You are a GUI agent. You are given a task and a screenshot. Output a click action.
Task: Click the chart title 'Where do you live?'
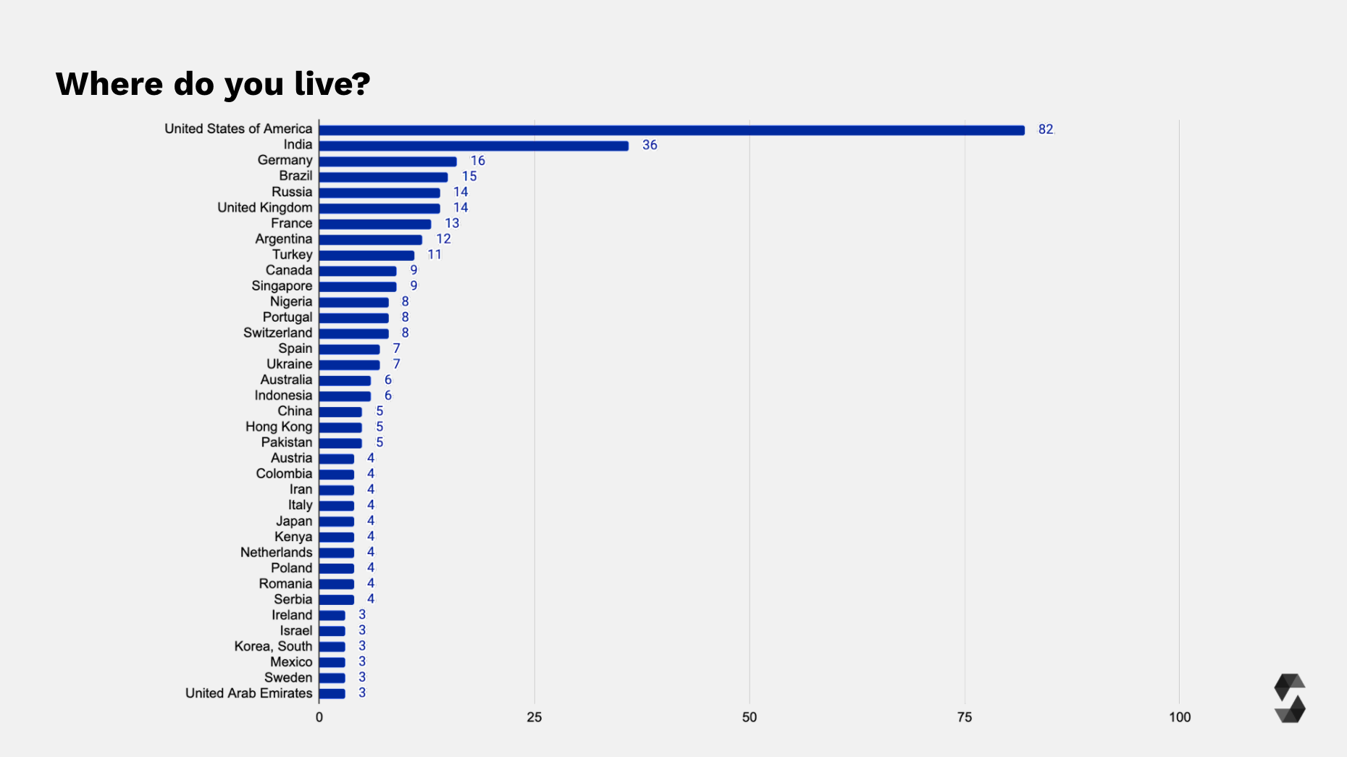click(x=213, y=84)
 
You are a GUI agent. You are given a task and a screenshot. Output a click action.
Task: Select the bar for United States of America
click(x=671, y=130)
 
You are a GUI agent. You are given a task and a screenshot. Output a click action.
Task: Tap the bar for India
click(x=474, y=146)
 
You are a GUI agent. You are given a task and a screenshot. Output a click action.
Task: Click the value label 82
click(x=1045, y=130)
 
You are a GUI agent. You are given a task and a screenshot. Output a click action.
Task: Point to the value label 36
click(x=650, y=146)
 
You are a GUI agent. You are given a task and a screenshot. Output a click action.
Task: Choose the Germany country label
click(x=285, y=160)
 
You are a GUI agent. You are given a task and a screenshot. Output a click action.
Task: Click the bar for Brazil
click(x=383, y=177)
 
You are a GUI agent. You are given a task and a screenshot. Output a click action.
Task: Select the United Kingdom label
click(x=264, y=208)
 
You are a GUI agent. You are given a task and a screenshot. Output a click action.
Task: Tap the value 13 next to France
click(x=452, y=223)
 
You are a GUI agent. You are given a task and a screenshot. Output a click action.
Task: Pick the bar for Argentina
click(x=370, y=240)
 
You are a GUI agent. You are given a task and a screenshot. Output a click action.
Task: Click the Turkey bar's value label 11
click(x=434, y=255)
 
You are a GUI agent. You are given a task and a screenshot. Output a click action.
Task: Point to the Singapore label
click(x=282, y=286)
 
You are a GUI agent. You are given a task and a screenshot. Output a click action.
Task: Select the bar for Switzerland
click(x=353, y=334)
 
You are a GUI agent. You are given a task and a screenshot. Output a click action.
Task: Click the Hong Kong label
click(x=278, y=427)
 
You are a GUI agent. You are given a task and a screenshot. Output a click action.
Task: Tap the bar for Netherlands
click(x=337, y=553)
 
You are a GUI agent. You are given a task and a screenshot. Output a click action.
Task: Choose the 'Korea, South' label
click(x=273, y=646)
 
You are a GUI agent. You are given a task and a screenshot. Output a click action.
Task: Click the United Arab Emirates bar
click(x=332, y=693)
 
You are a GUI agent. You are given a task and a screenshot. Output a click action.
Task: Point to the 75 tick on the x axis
click(x=965, y=717)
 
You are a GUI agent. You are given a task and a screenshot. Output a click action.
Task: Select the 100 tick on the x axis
click(x=1179, y=717)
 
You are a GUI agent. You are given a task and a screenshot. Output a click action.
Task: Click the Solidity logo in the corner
click(x=1289, y=698)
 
